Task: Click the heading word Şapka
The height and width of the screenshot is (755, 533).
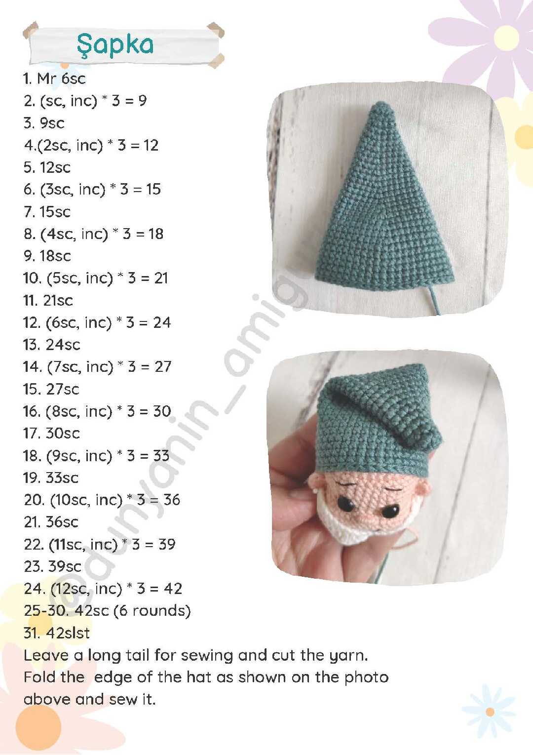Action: (x=115, y=45)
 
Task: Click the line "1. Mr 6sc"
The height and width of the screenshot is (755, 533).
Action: (x=54, y=79)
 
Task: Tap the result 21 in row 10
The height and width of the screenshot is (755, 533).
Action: (x=161, y=278)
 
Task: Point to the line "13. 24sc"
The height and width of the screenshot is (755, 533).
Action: (x=52, y=345)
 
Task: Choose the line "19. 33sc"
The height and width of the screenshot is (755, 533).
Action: (x=51, y=477)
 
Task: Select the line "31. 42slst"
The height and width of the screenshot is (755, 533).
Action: (x=57, y=633)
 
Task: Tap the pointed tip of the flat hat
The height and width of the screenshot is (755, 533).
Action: (x=383, y=104)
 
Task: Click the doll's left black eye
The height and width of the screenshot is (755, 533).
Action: (x=346, y=504)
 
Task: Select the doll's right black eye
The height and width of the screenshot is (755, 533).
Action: (x=391, y=512)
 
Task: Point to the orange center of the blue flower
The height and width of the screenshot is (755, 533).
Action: (x=490, y=718)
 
